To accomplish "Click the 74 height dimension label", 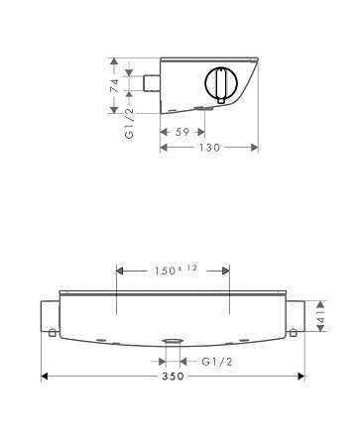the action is pyautogui.click(x=114, y=85).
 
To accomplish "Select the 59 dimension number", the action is pyautogui.click(x=182, y=132).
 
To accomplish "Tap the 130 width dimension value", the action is pyautogui.click(x=209, y=148).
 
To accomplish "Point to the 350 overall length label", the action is pyautogui.click(x=173, y=377).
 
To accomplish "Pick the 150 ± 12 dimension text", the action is pyautogui.click(x=176, y=271).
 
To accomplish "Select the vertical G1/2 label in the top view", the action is pyautogui.click(x=130, y=123).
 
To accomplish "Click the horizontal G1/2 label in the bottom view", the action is pyautogui.click(x=217, y=362).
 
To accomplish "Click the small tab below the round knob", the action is pyautogui.click(x=221, y=100).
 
